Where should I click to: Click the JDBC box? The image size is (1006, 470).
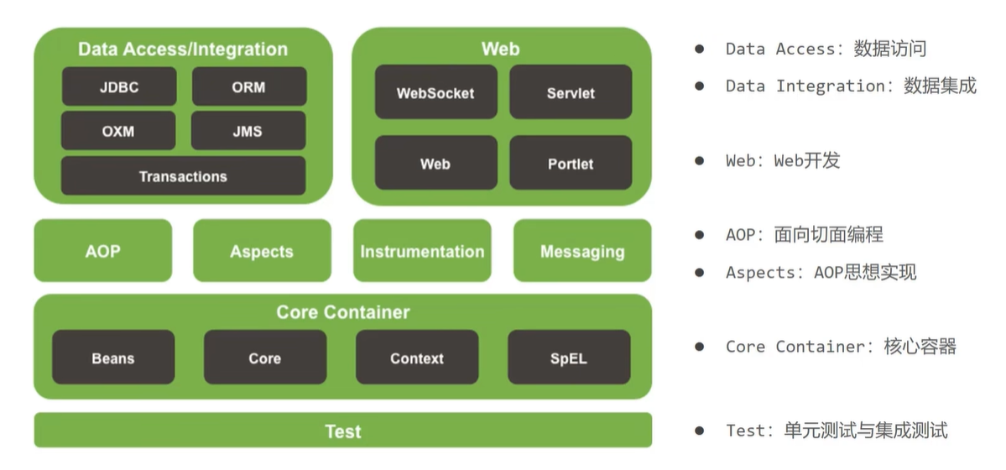tap(119, 86)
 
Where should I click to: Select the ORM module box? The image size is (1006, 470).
tap(249, 86)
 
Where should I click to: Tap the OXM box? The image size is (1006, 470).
tap(118, 131)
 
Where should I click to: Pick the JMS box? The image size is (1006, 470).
tap(248, 131)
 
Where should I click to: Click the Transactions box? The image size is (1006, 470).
tap(183, 176)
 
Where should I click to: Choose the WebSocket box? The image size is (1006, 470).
tap(435, 92)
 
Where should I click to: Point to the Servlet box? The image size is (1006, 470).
tap(571, 92)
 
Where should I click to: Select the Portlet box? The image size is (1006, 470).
tap(571, 163)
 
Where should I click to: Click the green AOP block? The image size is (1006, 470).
tap(102, 251)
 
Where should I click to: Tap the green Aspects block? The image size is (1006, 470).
tap(262, 251)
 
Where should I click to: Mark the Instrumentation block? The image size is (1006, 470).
tap(422, 251)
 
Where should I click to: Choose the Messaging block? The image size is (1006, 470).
tap(582, 251)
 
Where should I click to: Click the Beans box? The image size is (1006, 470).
tap(113, 358)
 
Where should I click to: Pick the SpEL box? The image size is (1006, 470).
tap(569, 358)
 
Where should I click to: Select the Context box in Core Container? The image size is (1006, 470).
tap(417, 358)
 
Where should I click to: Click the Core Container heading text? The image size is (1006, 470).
tap(343, 312)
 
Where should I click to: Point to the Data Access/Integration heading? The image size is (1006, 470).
tap(183, 49)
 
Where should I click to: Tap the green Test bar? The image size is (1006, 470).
tap(343, 431)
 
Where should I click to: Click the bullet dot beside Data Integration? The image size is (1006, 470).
tap(699, 86)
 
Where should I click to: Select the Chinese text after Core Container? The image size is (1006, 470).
tap(920, 346)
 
